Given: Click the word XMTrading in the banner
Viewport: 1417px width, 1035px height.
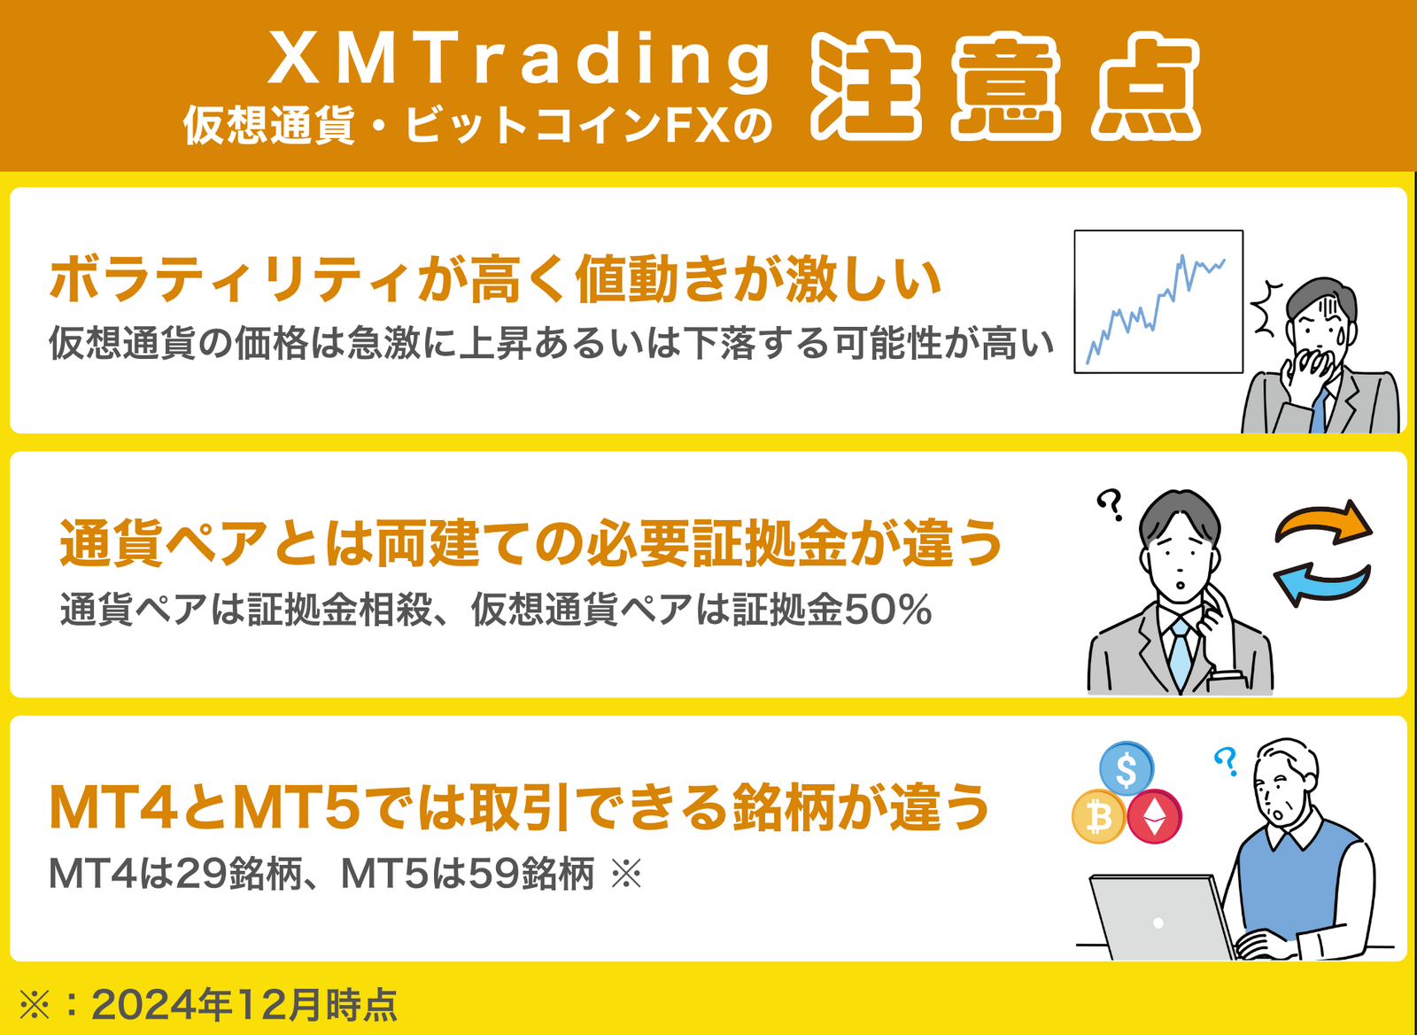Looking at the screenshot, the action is [x=519, y=61].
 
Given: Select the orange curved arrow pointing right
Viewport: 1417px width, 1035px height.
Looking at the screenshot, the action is [x=1322, y=523].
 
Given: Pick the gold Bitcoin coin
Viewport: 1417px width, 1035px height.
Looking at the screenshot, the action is [x=1099, y=817].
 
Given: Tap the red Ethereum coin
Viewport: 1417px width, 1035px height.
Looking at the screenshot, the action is [x=1155, y=817].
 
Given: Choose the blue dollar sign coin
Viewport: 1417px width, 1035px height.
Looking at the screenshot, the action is [x=1127, y=769].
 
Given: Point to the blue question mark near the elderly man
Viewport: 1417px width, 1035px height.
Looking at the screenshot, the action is [x=1226, y=761].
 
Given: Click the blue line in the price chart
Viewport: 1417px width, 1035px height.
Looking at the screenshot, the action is [x=1155, y=310].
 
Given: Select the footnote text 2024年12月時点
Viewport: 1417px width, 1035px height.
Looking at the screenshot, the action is [x=244, y=1005].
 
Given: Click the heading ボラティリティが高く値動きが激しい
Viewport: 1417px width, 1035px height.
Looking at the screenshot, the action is [x=495, y=278].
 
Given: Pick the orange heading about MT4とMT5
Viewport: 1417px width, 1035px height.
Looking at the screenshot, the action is [x=519, y=807].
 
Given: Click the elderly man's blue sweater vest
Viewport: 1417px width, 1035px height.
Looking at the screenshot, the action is [x=1297, y=880].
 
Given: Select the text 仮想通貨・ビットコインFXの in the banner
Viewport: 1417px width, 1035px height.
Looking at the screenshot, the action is [x=477, y=125].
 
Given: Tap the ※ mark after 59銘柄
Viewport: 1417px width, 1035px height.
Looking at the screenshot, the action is [x=626, y=874].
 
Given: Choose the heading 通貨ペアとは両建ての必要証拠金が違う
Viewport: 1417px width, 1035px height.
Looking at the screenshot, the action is [x=530, y=543].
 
